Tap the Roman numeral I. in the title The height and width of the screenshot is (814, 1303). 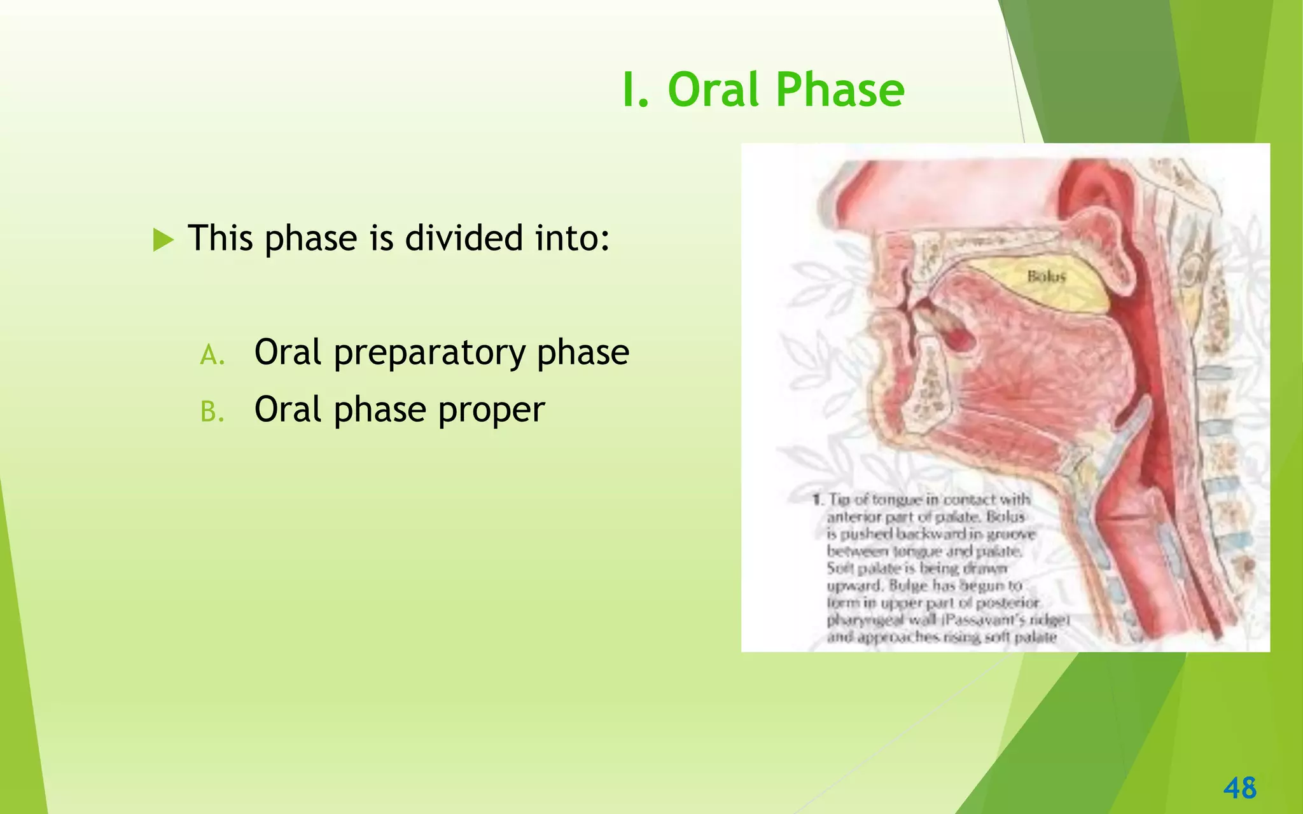tap(635, 90)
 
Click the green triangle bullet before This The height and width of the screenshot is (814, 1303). tap(163, 240)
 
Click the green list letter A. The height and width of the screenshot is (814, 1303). tap(212, 355)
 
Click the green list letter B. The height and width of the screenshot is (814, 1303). tap(212, 412)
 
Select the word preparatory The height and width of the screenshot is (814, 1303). tap(429, 354)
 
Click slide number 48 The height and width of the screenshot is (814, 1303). tap(1239, 788)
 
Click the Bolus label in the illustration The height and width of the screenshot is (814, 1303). tap(1046, 277)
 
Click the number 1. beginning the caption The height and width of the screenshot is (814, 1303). tap(818, 500)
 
